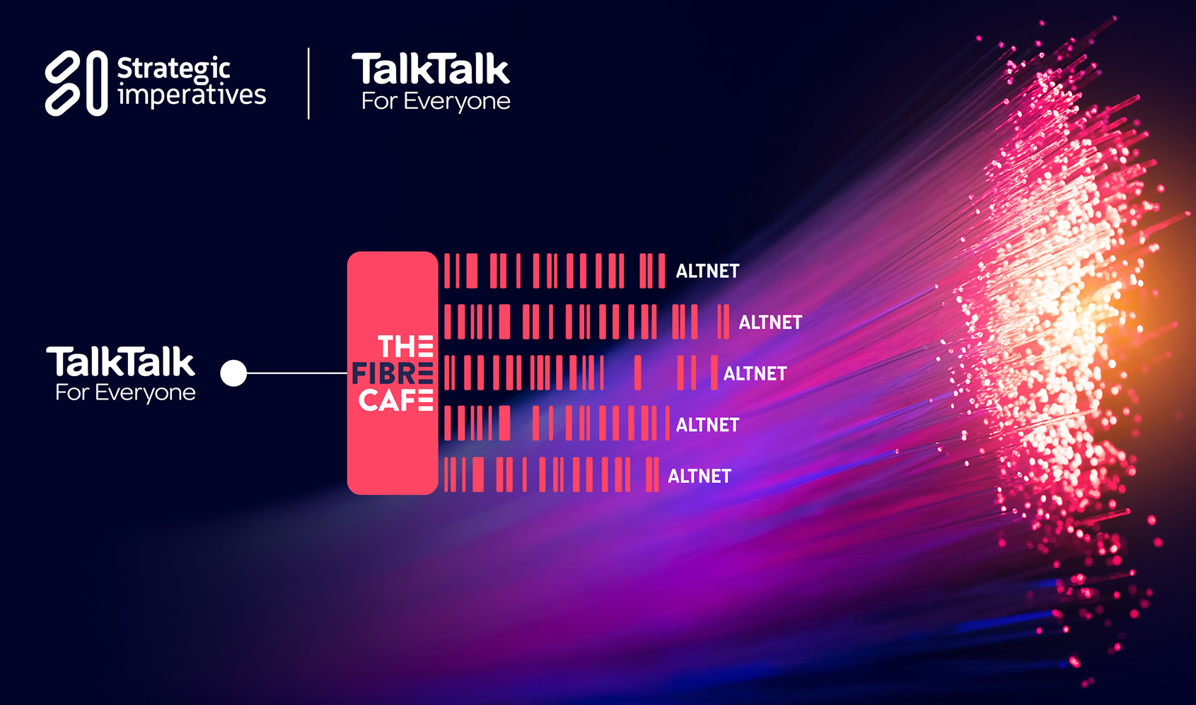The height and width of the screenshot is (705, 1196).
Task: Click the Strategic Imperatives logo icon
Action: pyautogui.click(x=76, y=83)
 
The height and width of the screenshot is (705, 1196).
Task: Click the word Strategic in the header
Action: pyautogui.click(x=173, y=69)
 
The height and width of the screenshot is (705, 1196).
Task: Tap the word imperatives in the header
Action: pyautogui.click(x=192, y=95)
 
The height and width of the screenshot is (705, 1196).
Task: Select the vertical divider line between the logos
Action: pyautogui.click(x=308, y=83)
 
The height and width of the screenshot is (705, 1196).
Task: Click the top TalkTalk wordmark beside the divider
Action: pyautogui.click(x=431, y=69)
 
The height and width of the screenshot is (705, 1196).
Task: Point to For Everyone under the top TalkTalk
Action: pyautogui.click(x=436, y=101)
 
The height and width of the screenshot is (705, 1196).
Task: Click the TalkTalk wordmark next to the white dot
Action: pyautogui.click(x=121, y=362)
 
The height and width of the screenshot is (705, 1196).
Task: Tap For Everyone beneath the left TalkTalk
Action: pyautogui.click(x=125, y=392)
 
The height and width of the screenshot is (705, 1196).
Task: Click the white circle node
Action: pyautogui.click(x=233, y=373)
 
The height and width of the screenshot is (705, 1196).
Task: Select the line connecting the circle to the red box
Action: pyautogui.click(x=297, y=373)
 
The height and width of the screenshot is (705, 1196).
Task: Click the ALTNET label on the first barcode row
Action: pyautogui.click(x=707, y=271)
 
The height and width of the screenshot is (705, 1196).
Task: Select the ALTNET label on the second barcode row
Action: pyautogui.click(x=770, y=322)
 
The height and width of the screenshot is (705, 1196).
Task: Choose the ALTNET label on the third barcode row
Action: pyautogui.click(x=755, y=373)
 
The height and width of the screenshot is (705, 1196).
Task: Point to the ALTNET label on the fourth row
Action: pyautogui.click(x=707, y=425)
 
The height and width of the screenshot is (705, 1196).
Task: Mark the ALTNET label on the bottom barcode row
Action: pyautogui.click(x=699, y=476)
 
